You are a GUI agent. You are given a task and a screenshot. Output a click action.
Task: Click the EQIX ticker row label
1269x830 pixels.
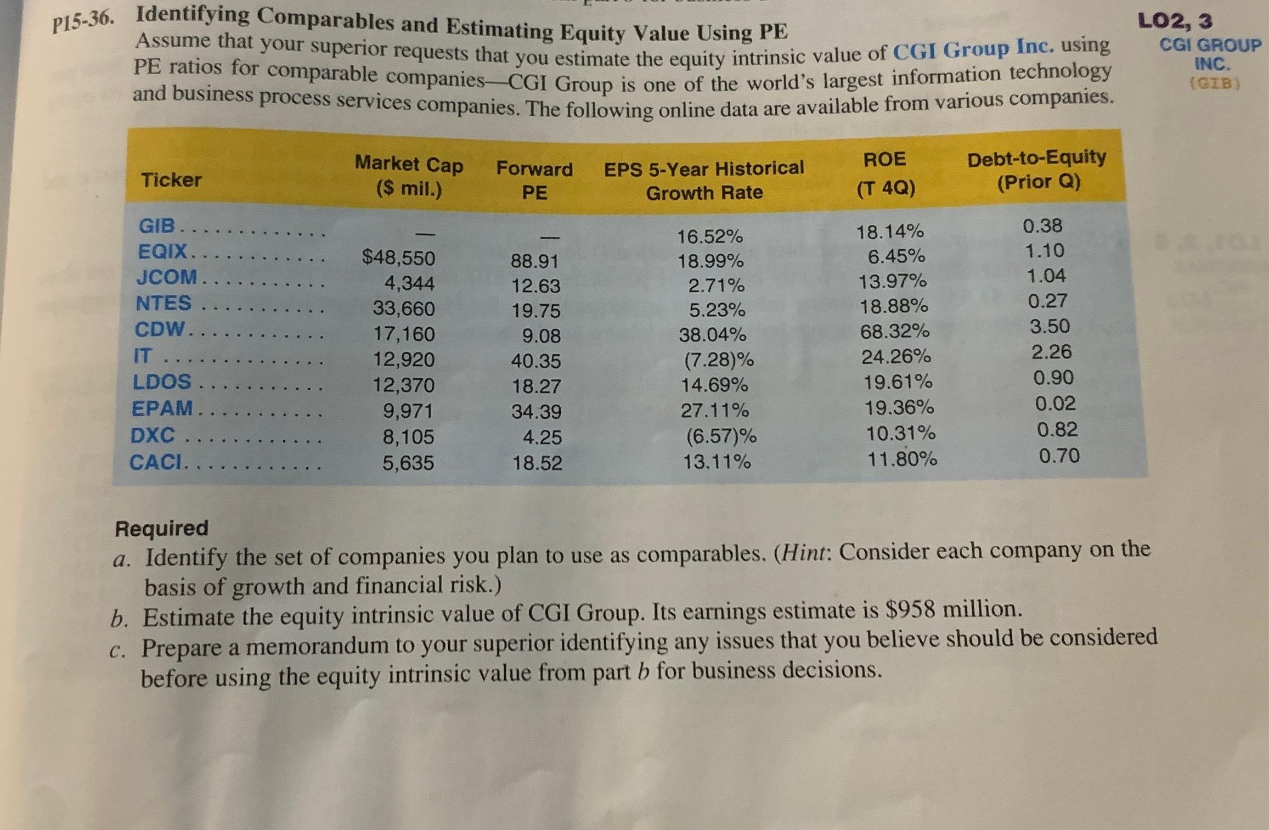[163, 252]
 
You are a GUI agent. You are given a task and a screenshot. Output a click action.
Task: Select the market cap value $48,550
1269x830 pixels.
[398, 257]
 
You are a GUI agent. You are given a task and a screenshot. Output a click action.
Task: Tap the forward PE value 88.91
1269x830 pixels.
[534, 261]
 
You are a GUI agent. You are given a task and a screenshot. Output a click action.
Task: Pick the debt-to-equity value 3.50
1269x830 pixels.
[1050, 327]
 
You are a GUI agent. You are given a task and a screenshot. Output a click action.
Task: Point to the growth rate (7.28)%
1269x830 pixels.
[718, 360]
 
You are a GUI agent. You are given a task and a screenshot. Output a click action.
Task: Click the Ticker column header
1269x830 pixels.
[171, 180]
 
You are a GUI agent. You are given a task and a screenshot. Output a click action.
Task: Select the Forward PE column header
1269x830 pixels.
[534, 180]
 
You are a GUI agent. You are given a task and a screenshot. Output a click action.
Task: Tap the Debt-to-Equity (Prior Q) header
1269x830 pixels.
[1037, 169]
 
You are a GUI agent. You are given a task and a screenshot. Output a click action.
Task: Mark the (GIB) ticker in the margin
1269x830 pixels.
[1214, 83]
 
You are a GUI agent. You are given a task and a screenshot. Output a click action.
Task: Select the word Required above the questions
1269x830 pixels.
[161, 528]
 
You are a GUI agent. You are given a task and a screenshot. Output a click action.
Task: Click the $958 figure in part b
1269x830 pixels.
[911, 609]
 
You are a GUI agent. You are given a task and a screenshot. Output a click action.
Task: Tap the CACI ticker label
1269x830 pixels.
[156, 462]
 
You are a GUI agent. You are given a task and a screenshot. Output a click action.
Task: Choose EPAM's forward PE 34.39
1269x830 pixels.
[536, 411]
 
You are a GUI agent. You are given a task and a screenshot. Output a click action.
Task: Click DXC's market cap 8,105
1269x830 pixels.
[408, 437]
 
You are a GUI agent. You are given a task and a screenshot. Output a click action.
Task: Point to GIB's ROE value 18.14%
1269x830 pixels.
[890, 232]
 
